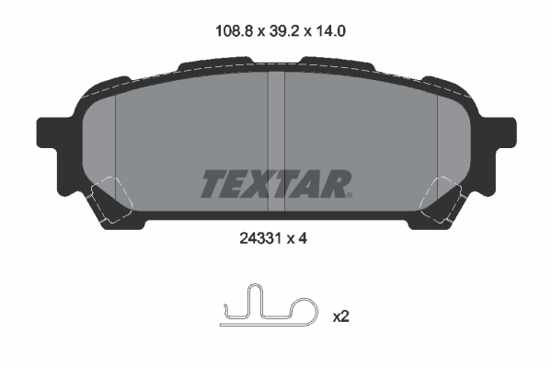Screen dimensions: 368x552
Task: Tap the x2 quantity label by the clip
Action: [x=341, y=316]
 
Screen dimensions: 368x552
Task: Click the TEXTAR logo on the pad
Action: [x=275, y=184]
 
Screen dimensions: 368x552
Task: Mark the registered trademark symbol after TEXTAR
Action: [x=349, y=194]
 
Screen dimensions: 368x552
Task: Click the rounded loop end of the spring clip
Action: [x=304, y=310]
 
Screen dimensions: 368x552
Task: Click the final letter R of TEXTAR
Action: [x=333, y=184]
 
